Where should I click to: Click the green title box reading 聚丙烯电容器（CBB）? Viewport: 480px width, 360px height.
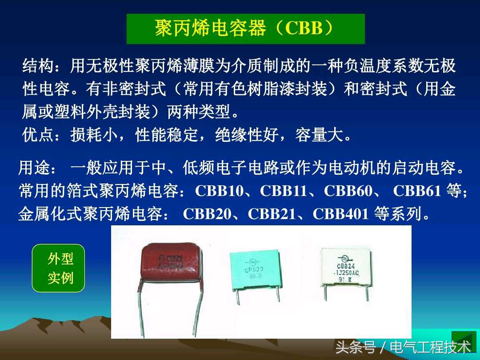click(x=245, y=29)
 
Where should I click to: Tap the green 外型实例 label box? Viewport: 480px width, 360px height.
click(x=58, y=268)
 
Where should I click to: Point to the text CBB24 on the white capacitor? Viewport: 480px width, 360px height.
click(x=346, y=265)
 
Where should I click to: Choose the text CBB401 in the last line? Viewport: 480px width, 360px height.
click(x=341, y=214)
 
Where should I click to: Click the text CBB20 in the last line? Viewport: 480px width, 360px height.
click(x=207, y=214)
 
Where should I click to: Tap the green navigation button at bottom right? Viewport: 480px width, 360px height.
click(x=464, y=341)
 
